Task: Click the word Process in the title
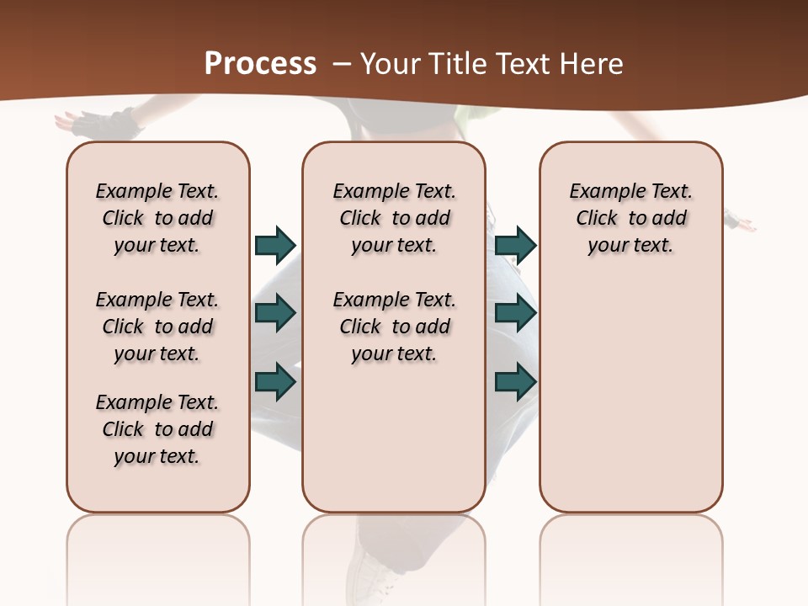[x=260, y=63]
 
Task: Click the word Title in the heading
[x=455, y=64]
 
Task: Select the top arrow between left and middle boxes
[x=275, y=245]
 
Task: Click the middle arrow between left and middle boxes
[x=275, y=313]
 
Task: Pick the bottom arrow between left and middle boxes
[x=275, y=380]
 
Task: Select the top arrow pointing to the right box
[x=515, y=245]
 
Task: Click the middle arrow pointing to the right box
[x=515, y=313]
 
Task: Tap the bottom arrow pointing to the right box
[x=515, y=381]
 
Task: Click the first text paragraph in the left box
[x=157, y=218]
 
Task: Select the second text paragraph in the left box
[x=157, y=327]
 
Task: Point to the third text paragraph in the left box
[x=157, y=429]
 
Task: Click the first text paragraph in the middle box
[x=395, y=218]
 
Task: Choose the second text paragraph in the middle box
[x=395, y=327]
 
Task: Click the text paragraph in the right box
[x=631, y=218]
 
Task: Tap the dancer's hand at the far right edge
[x=742, y=222]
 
